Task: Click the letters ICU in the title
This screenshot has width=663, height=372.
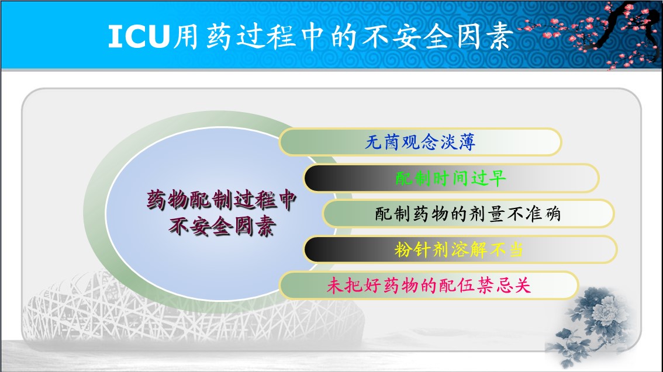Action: tap(139, 36)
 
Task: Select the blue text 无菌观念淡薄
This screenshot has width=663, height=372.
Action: tap(420, 142)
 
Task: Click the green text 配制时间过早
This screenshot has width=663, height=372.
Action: tap(451, 178)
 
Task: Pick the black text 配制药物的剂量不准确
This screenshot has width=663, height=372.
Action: tap(468, 214)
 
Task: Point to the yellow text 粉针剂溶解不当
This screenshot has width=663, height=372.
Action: tap(459, 249)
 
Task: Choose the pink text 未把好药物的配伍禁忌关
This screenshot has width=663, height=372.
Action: tap(429, 286)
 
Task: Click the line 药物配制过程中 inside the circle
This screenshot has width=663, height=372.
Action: tap(222, 200)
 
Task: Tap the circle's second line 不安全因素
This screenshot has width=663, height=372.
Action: tap(222, 227)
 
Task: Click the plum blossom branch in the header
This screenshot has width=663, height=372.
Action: tap(592, 34)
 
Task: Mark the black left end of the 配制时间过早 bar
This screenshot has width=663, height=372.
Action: tap(315, 178)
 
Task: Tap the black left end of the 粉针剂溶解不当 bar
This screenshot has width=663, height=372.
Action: tap(315, 249)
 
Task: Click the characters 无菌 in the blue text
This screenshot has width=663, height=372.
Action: tap(382, 142)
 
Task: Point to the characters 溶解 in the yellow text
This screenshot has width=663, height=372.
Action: tap(469, 249)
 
